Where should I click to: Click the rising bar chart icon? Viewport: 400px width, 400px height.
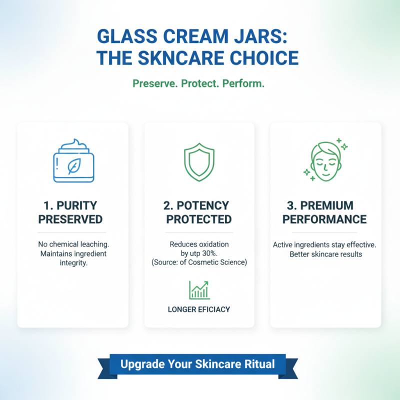click(x=199, y=290)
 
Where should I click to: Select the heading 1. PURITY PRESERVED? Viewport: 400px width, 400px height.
click(x=70, y=212)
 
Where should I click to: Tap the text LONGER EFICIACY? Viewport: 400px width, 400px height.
click(x=199, y=309)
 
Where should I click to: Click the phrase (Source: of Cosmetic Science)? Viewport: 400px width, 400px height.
click(x=199, y=262)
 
